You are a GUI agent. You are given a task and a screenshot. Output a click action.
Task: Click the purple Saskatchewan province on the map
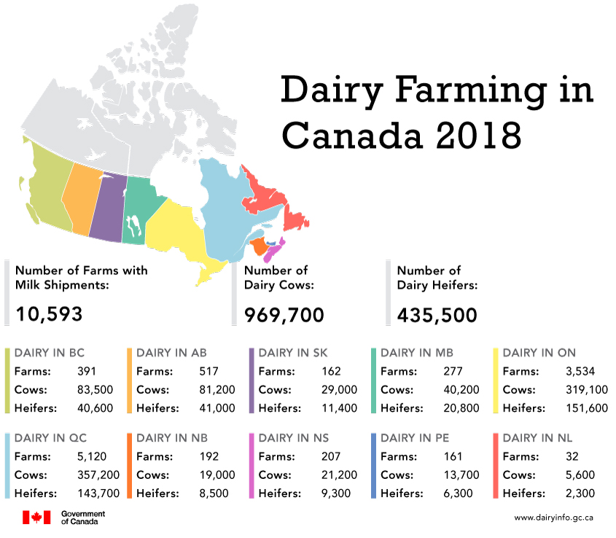pyautogui.click(x=107, y=207)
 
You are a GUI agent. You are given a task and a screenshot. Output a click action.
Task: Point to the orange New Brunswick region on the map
pyautogui.click(x=258, y=246)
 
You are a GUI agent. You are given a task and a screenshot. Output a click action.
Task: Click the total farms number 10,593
pyautogui.click(x=49, y=314)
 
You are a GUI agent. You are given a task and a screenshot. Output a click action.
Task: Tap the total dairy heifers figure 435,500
pyautogui.click(x=437, y=314)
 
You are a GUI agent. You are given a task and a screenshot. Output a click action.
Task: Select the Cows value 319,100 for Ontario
pyautogui.click(x=586, y=390)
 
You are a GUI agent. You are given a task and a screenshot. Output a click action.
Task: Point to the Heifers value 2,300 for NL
pyautogui.click(x=580, y=493)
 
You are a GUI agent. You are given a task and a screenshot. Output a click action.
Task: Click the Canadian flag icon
pyautogui.click(x=36, y=517)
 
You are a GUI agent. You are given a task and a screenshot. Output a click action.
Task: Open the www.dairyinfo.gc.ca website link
pyautogui.click(x=553, y=518)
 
